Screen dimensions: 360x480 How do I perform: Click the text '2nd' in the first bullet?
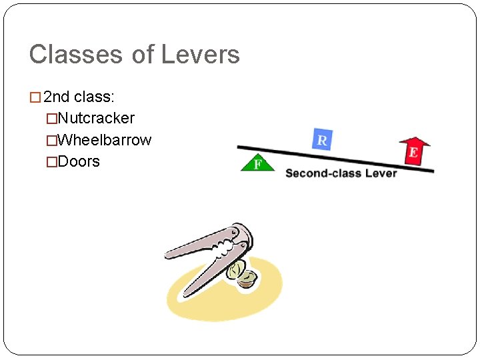click(x=56, y=97)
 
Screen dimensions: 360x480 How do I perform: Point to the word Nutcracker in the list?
click(x=96, y=119)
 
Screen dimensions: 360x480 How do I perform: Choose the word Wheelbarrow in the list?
click(x=105, y=140)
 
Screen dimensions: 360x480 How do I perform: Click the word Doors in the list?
click(x=79, y=161)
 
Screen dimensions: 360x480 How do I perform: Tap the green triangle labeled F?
click(x=257, y=163)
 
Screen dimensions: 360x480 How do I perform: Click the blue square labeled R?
click(x=322, y=139)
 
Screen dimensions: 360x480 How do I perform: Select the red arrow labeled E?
click(x=414, y=150)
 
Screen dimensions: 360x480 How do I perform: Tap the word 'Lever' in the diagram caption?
click(x=380, y=173)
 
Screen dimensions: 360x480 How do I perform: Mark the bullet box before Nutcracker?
click(x=51, y=119)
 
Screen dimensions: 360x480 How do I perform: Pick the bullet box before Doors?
click(x=51, y=162)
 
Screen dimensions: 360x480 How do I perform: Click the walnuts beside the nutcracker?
click(x=243, y=275)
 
